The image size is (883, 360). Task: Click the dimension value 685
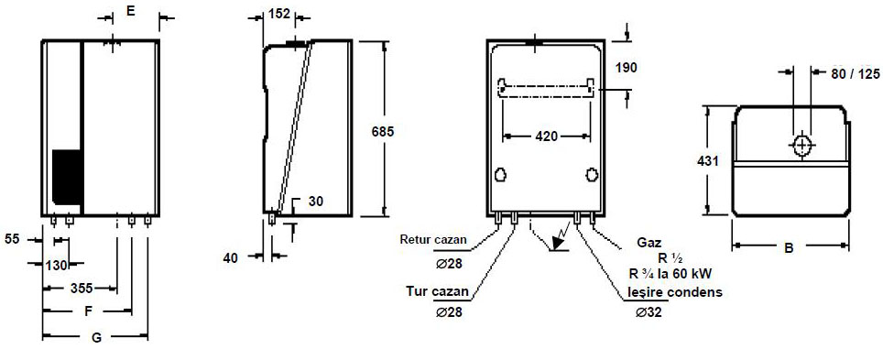[x=382, y=132]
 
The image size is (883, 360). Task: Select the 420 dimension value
[x=546, y=136]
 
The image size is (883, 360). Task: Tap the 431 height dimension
[x=707, y=162]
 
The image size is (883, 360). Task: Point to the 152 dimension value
[x=279, y=14]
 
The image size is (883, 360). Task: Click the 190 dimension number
[x=626, y=68]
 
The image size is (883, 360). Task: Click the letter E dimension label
[x=130, y=11]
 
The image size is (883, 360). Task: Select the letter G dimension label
[x=96, y=338]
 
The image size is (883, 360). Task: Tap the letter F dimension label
[x=88, y=311]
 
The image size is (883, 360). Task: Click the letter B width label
[x=791, y=246]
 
